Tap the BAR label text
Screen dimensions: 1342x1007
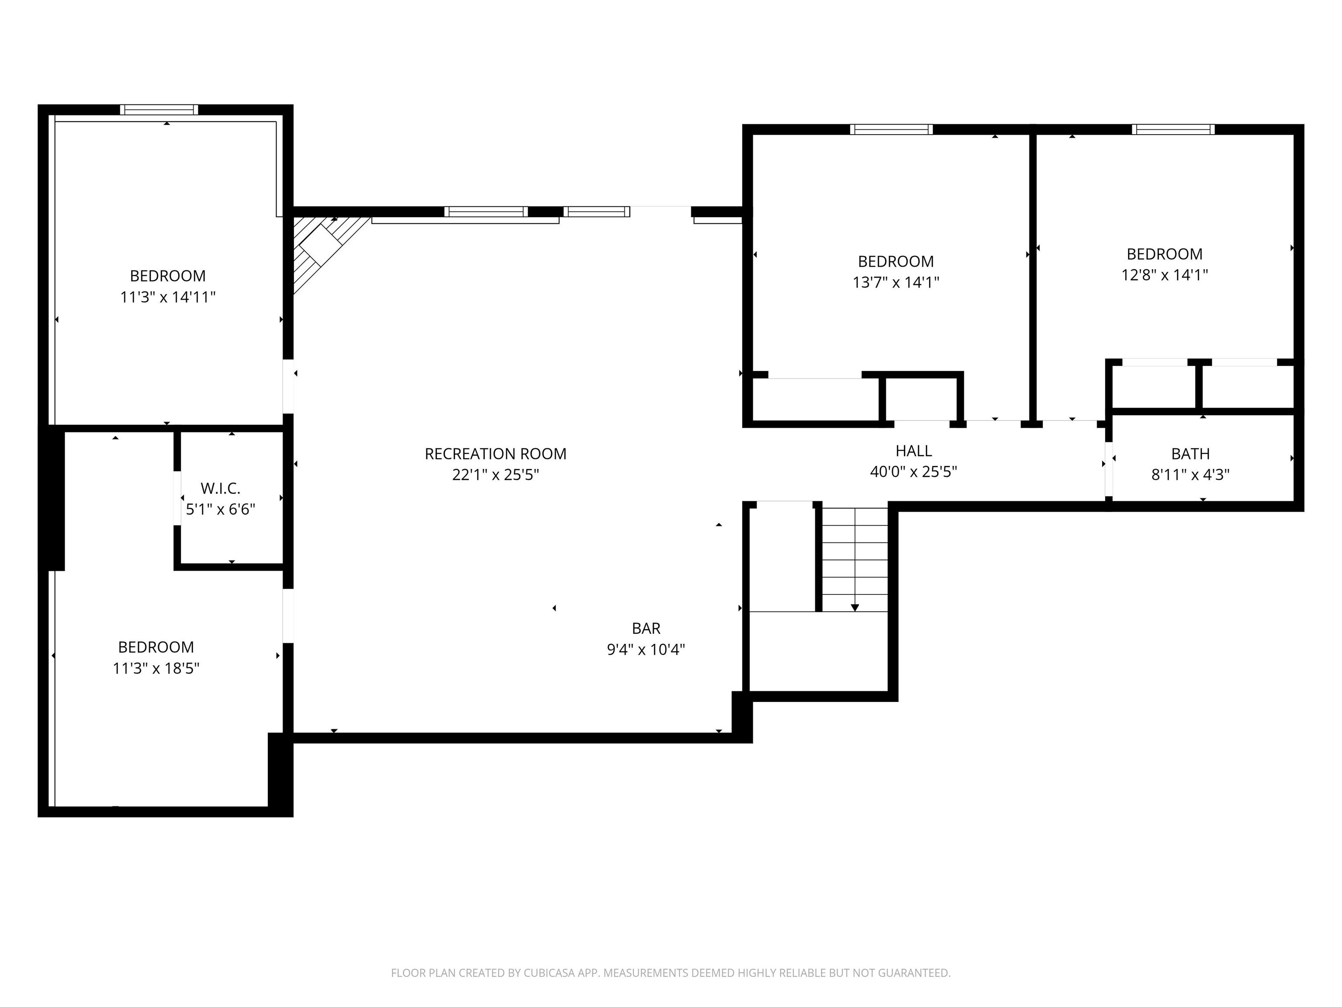646,628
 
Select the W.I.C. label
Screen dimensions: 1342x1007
220,488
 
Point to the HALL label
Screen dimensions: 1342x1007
914,451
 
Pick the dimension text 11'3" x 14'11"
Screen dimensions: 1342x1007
168,297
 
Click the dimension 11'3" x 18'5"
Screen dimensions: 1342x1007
156,668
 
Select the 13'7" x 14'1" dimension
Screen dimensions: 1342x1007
896,282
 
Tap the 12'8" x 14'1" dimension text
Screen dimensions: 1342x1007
1164,275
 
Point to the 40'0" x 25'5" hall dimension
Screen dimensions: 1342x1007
914,472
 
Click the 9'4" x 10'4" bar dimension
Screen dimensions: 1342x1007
646,649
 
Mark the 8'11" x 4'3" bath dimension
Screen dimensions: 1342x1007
1190,474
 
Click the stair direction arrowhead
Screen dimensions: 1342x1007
855,607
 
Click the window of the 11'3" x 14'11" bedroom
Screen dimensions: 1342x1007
159,110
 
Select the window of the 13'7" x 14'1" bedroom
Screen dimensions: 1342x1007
891,129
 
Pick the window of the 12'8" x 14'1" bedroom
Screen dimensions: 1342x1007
1173,129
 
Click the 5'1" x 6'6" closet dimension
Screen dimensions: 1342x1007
220,509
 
